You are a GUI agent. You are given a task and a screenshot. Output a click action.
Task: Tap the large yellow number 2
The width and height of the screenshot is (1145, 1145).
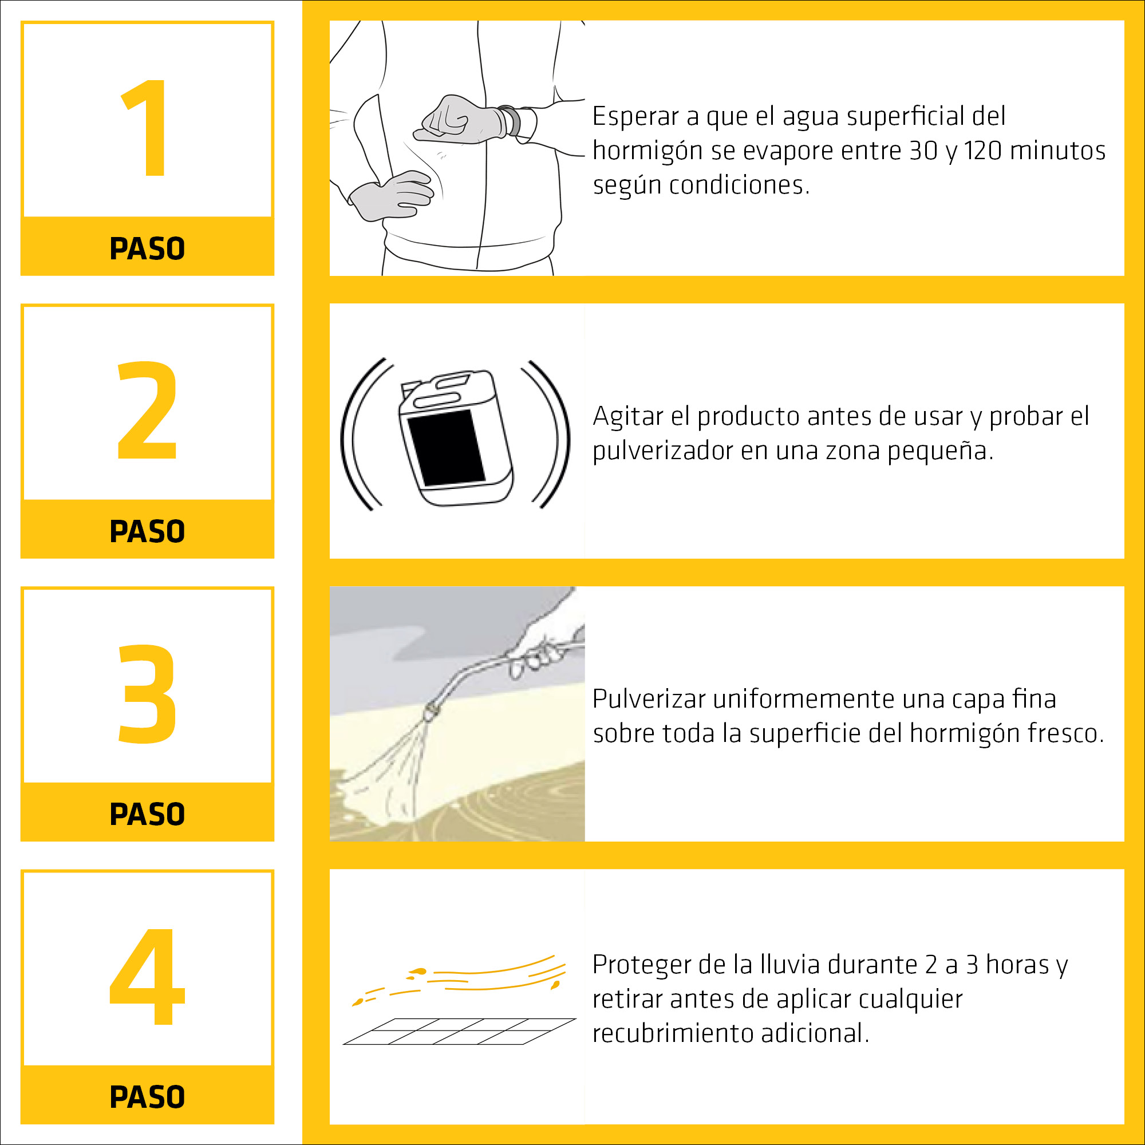pos(147,410)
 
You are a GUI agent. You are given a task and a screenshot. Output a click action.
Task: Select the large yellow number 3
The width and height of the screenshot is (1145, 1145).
pos(147,693)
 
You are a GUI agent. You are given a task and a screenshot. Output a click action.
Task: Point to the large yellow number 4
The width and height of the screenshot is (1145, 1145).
pos(147,976)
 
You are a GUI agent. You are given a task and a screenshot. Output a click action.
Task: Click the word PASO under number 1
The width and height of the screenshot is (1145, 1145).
pos(147,248)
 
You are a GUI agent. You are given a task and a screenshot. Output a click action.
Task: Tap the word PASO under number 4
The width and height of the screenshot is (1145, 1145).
pos(147,1097)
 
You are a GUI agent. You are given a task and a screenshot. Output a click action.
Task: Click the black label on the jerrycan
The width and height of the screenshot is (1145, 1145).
pos(445,448)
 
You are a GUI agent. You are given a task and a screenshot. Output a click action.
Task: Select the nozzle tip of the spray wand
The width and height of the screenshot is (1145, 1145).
pos(432,710)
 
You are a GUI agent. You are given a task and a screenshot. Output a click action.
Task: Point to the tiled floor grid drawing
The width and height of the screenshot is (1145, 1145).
pos(459,1032)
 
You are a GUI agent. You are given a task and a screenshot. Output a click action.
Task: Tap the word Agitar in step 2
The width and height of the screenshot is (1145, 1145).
pos(627,417)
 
